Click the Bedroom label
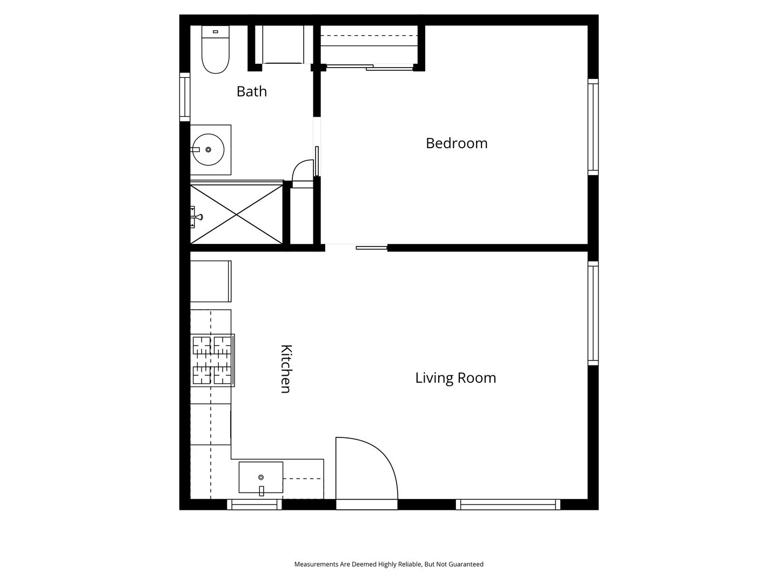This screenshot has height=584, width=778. (x=457, y=143)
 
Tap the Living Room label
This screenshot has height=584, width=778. (x=455, y=378)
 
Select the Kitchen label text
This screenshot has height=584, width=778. (x=286, y=369)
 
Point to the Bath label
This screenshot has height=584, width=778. (x=252, y=91)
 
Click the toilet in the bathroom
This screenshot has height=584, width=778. (x=215, y=49)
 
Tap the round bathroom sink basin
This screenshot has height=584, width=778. (x=208, y=150)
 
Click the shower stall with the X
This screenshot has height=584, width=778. (x=237, y=214)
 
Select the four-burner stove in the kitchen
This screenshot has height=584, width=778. (x=212, y=360)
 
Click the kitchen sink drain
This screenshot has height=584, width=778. (x=261, y=477)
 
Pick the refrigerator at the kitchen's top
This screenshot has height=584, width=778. (x=211, y=282)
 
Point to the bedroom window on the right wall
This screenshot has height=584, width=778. (x=593, y=127)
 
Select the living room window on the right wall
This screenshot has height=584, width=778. (x=593, y=314)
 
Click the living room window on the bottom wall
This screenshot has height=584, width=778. (x=508, y=505)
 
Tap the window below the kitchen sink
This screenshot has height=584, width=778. (x=254, y=505)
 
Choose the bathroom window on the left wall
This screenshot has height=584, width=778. (x=185, y=97)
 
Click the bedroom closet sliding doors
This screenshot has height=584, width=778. (x=370, y=67)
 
